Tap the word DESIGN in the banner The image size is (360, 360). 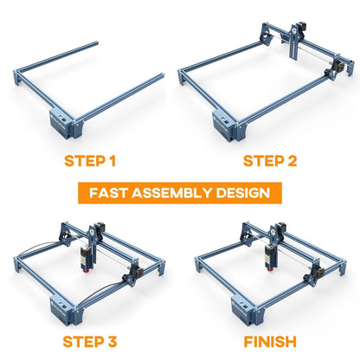point(247,192)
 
